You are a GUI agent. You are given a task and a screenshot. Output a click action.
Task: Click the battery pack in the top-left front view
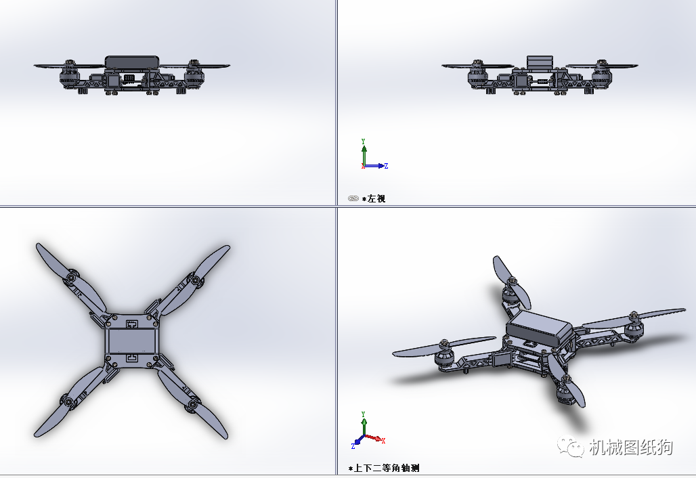click(x=133, y=62)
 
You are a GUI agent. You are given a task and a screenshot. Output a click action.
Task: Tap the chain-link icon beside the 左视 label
click(x=353, y=199)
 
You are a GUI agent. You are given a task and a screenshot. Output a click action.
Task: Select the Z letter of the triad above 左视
click(x=386, y=166)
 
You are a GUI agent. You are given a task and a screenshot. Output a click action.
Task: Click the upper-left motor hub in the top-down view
click(x=70, y=278)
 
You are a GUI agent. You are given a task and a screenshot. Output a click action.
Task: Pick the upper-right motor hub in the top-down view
click(x=194, y=279)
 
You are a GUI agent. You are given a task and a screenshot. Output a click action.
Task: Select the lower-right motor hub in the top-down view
click(x=193, y=404)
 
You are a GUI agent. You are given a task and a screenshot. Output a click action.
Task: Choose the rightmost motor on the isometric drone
click(x=634, y=326)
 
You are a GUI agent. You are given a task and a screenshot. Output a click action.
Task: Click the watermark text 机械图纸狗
click(x=631, y=447)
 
